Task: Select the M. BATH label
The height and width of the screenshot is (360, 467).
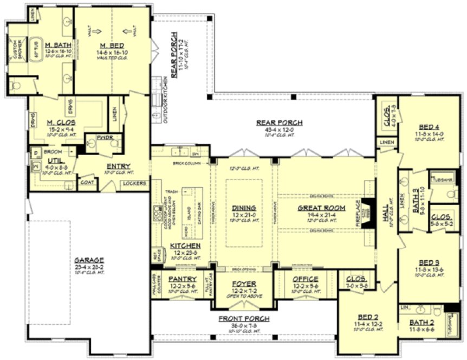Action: click(x=56, y=44)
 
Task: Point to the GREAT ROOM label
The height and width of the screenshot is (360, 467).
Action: click(x=317, y=208)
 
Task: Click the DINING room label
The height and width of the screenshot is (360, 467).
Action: click(x=244, y=208)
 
